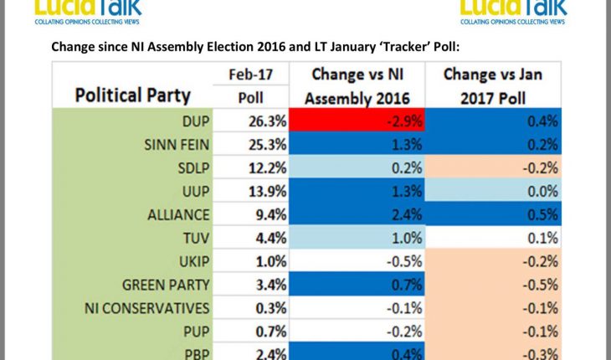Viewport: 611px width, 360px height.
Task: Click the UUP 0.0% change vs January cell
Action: click(x=492, y=191)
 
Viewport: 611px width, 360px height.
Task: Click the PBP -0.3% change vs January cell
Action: click(x=492, y=352)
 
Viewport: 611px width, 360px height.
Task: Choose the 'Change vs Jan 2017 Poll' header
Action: click(x=492, y=86)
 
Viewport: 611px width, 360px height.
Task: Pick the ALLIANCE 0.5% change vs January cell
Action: click(x=492, y=214)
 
